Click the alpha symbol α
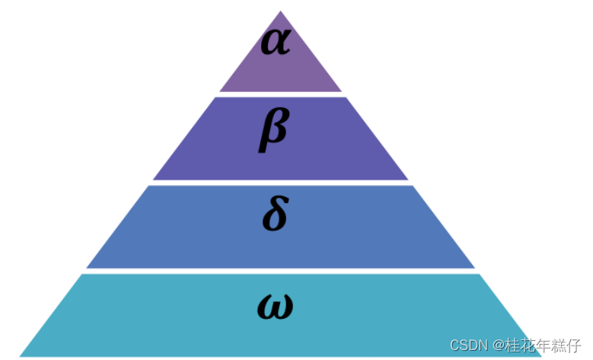click(x=276, y=42)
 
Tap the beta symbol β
click(x=273, y=129)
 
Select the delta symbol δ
click(x=275, y=215)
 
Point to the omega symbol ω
click(x=275, y=307)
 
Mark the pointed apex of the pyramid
click(x=281, y=12)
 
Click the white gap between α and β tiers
click(x=280, y=94)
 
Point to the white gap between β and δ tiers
click(x=280, y=183)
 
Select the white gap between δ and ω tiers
click(x=280, y=271)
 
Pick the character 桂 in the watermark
click(x=514, y=346)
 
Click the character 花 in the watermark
click(x=531, y=346)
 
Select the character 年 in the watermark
click(x=547, y=346)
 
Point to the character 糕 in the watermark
click(x=564, y=346)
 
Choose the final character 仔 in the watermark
click(x=580, y=346)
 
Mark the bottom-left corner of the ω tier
click(x=21, y=355)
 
